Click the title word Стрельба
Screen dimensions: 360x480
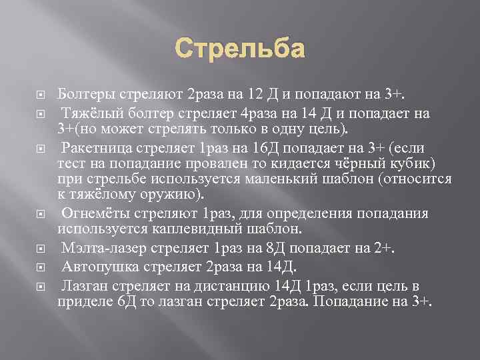pyautogui.click(x=240, y=49)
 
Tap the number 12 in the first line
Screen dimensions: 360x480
pyautogui.click(x=258, y=92)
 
